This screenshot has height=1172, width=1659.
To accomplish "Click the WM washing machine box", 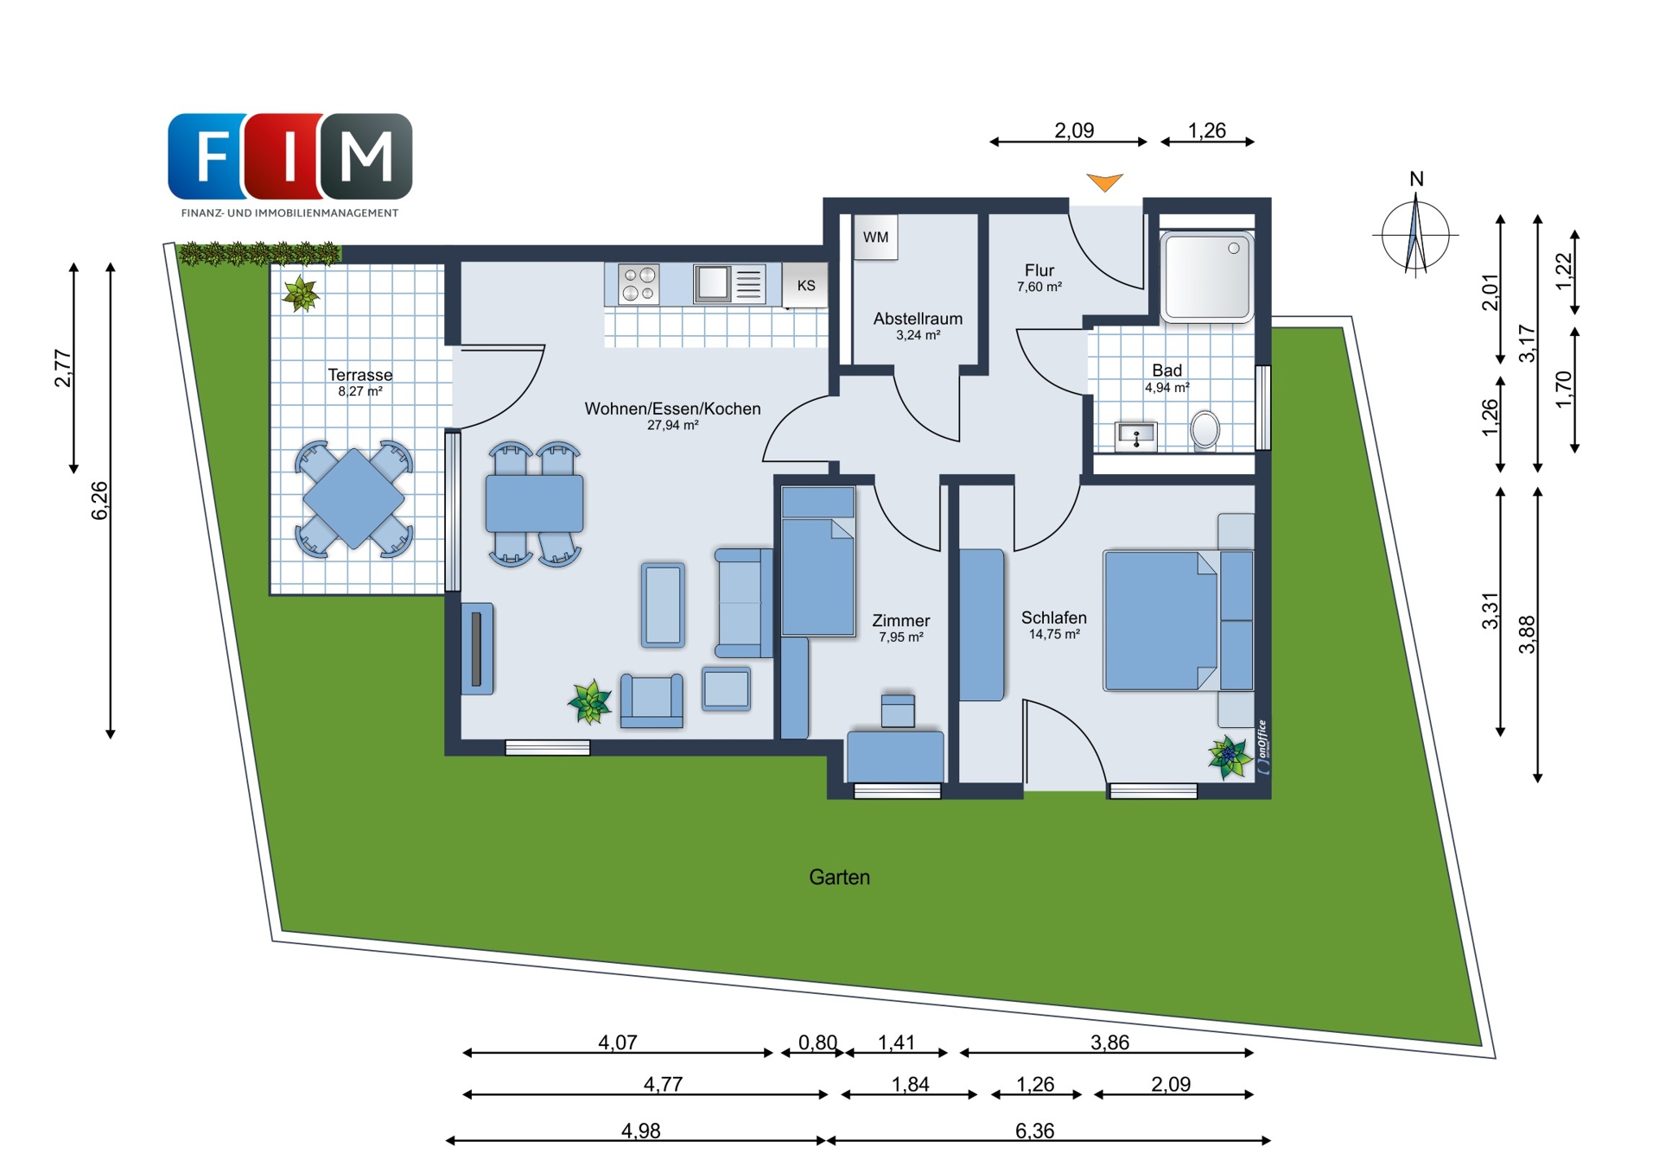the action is point(875,237).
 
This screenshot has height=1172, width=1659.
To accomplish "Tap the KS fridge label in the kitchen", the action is point(805,285).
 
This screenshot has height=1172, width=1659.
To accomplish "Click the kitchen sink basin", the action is point(713,283).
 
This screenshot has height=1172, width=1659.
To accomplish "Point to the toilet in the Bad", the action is point(1205,430).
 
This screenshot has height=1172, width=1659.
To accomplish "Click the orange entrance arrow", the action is point(1104,182).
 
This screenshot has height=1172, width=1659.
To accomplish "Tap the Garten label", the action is point(839,877).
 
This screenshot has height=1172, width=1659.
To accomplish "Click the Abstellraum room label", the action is point(918,319).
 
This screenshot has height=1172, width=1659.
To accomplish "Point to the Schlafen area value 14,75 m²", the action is point(1054,635).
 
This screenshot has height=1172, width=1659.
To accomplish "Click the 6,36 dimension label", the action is point(1034,1131).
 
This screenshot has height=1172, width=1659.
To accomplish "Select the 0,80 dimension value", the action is point(817,1042).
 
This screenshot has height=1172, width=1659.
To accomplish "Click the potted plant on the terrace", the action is point(301,294).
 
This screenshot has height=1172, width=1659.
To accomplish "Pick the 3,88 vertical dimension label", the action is point(1527,634).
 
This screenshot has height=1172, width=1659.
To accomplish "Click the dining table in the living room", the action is point(534,504).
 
